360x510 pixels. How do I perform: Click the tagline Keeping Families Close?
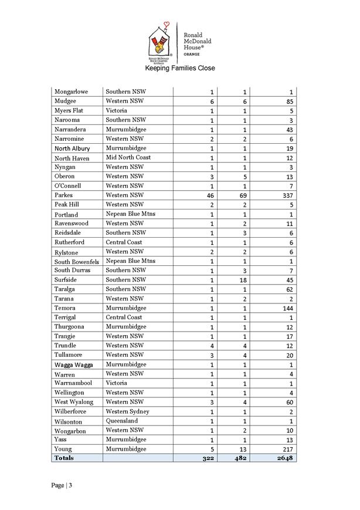180,69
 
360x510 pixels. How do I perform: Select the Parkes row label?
63,195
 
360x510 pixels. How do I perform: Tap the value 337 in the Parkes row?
285,195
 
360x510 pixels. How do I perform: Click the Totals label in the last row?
64,458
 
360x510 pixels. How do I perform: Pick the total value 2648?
283,458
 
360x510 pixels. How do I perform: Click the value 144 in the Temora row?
286,308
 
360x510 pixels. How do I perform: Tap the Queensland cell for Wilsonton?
123,421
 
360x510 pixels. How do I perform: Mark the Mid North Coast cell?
128,158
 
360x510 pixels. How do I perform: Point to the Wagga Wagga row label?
72,364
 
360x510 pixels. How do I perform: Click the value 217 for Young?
286,449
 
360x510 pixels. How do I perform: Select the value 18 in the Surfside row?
242,280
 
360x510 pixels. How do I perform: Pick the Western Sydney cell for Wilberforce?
127,411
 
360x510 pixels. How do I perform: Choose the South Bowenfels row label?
76,261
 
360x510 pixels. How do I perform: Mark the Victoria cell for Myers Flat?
116,111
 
